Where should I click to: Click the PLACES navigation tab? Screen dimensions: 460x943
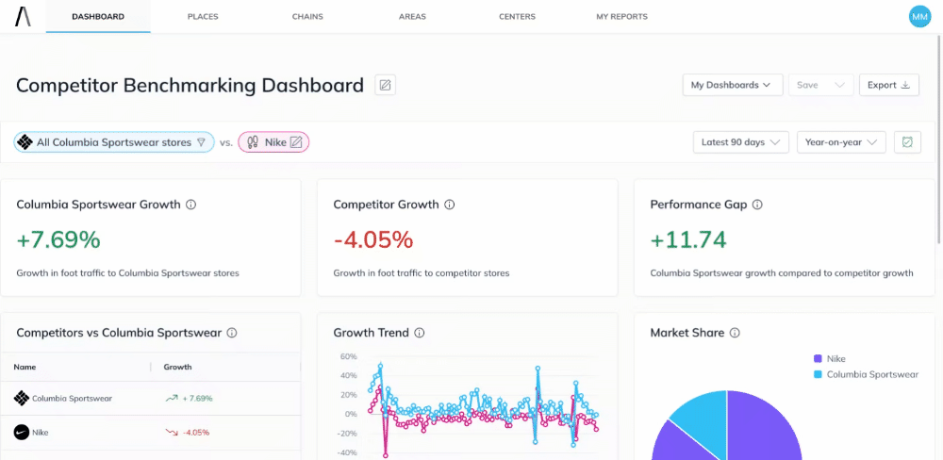point(203,17)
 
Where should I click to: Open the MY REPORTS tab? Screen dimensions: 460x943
point(621,17)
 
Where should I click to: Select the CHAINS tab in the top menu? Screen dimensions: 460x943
point(307,17)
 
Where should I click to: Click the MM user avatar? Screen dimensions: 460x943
point(918,16)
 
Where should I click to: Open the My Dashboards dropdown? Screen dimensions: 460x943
point(732,85)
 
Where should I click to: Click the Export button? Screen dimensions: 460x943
point(888,85)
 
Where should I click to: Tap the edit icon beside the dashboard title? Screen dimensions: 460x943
point(385,85)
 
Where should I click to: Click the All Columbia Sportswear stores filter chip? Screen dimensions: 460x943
point(114,142)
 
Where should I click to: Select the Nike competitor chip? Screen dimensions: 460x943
point(273,142)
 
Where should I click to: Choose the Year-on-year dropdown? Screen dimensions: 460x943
point(841,142)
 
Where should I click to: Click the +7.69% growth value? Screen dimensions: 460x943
point(58,239)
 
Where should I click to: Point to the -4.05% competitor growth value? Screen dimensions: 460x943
point(373,239)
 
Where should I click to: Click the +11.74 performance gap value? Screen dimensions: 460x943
point(688,239)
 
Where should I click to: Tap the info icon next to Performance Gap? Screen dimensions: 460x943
point(757,205)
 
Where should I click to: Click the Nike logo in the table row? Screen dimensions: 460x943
point(22,433)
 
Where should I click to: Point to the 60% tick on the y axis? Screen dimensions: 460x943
point(348,357)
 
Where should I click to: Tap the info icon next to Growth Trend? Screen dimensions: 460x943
point(420,333)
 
